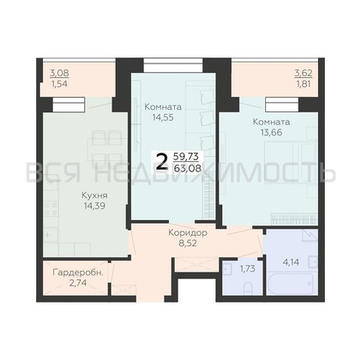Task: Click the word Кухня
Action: click(x=94, y=195)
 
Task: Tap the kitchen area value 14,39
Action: click(x=94, y=206)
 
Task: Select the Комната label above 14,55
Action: click(x=163, y=107)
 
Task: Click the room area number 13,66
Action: click(x=271, y=132)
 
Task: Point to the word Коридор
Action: click(x=188, y=233)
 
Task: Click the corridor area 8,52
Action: click(x=188, y=243)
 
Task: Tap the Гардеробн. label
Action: click(x=78, y=273)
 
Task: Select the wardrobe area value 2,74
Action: click(x=78, y=283)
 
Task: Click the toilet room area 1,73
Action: click(x=247, y=268)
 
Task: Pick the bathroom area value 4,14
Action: click(x=291, y=262)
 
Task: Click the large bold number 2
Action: click(x=162, y=162)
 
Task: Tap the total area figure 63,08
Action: click(x=188, y=168)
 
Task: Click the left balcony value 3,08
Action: click(x=59, y=73)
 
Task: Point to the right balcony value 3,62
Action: click(x=304, y=74)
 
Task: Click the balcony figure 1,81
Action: click(x=304, y=84)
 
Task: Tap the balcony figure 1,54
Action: click(x=59, y=84)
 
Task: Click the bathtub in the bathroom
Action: click(x=290, y=285)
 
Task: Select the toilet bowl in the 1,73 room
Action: click(x=248, y=288)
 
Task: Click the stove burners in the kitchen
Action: click(x=51, y=208)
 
